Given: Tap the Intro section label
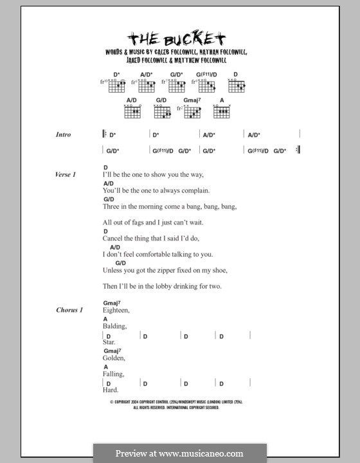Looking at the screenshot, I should tap(63, 134).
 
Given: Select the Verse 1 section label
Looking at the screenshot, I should tap(66, 174).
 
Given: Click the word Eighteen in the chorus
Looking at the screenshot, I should tap(116, 310).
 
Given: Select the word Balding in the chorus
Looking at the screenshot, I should tap(114, 326).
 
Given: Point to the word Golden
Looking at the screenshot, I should tap(113, 358).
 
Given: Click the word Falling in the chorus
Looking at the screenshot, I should tap(113, 374).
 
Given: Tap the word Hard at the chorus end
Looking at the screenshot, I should tap(111, 390).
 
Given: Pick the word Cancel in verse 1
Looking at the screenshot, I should tap(113, 238).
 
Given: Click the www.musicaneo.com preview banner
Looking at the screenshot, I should tap(179, 453).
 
